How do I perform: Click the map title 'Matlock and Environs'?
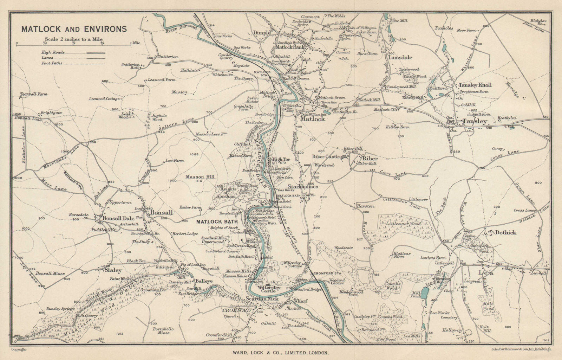coord(74,29)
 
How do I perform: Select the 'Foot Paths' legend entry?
coord(52,63)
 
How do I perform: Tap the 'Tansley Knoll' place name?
coord(475,85)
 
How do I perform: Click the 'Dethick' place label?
coord(505,232)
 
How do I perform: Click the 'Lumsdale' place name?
coord(400,57)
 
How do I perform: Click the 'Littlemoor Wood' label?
coord(403,223)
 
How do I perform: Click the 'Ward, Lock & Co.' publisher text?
coord(281,352)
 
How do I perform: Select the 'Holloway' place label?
coord(452,330)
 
